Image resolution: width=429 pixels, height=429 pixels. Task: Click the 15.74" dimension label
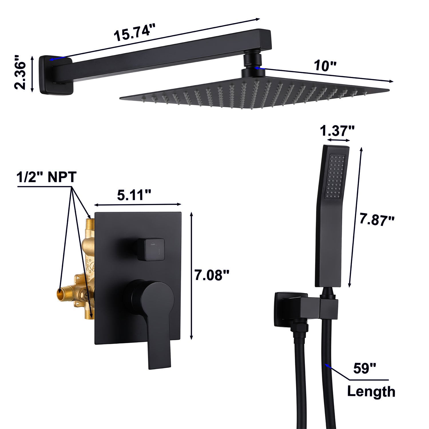pos(135,33)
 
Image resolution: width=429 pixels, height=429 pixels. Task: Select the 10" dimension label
pos(325,66)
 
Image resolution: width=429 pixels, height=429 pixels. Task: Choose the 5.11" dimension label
pos(134,195)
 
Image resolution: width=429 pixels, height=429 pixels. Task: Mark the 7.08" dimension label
pos(212,275)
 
